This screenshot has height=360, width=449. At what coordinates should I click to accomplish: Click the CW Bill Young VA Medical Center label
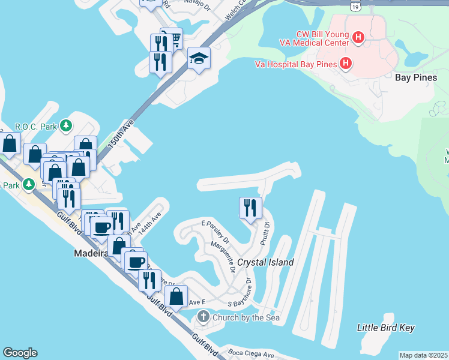point(314,38)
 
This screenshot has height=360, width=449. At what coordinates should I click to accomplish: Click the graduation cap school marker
point(199,58)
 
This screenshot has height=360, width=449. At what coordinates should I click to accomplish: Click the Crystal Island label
point(265,262)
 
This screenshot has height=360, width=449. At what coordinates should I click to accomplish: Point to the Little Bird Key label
point(385,328)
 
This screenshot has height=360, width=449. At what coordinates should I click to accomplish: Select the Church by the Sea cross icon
point(203,316)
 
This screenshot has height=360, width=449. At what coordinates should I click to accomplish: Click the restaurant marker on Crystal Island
point(250,208)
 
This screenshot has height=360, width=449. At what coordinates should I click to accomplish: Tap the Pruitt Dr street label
point(264,233)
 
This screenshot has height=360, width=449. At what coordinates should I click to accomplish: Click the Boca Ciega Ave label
point(249,354)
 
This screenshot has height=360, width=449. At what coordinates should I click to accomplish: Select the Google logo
point(20,353)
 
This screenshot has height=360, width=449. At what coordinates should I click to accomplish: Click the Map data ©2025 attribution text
point(424,355)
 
